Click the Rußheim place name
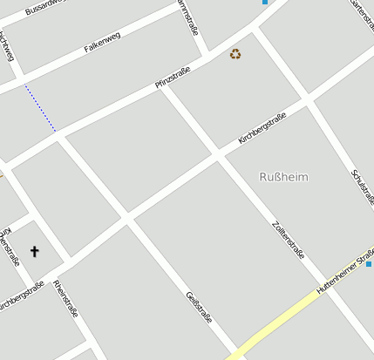coord(283,177)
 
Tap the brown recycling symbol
coord(235,54)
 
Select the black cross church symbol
coord(35,251)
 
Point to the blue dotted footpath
coord(40,108)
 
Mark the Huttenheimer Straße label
coord(343,273)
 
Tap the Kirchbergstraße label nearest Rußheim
coord(262,128)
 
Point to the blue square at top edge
coord(264,2)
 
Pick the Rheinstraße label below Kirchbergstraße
coord(65,300)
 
